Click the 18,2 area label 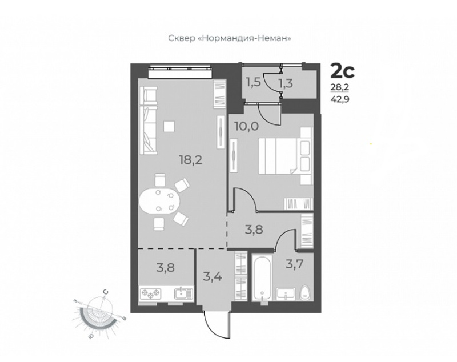[191, 160]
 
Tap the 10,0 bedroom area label [246, 127]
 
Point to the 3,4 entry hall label [213, 276]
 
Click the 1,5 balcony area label [253, 83]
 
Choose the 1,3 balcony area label [286, 83]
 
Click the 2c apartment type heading [342, 71]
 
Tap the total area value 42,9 [340, 99]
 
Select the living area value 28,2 [339, 87]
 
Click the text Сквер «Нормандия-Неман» [230, 38]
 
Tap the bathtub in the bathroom [262, 278]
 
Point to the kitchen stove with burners [150, 293]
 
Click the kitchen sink [183, 293]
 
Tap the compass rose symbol [98, 315]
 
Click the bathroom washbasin [286, 294]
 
